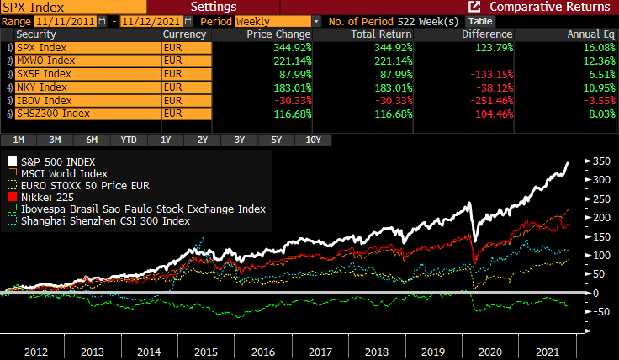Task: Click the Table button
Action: click(480, 20)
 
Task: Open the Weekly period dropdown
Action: click(315, 20)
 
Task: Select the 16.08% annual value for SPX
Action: click(595, 48)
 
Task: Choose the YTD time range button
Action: click(129, 140)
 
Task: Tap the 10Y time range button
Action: click(312, 140)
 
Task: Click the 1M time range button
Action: click(19, 140)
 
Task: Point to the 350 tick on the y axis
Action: click(600, 161)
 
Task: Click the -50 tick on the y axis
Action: click(600, 312)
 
